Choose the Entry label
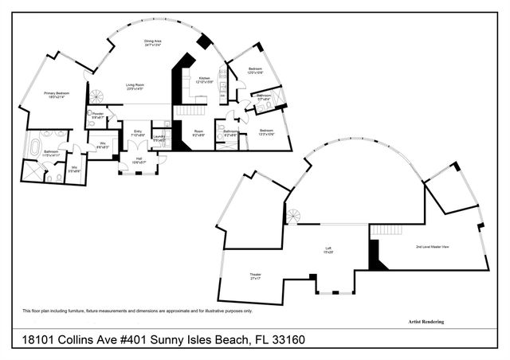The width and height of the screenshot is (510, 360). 137,133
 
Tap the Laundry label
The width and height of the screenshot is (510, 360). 159,138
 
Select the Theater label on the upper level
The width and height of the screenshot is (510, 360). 256,276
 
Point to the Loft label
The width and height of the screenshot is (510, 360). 328,249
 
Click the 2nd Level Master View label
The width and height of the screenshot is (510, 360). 433,247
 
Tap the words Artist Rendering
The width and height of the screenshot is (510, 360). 420,322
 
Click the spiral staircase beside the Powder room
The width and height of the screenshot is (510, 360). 96,97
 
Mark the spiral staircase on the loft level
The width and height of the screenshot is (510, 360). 293,217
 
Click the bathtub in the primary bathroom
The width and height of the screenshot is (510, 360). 34,148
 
